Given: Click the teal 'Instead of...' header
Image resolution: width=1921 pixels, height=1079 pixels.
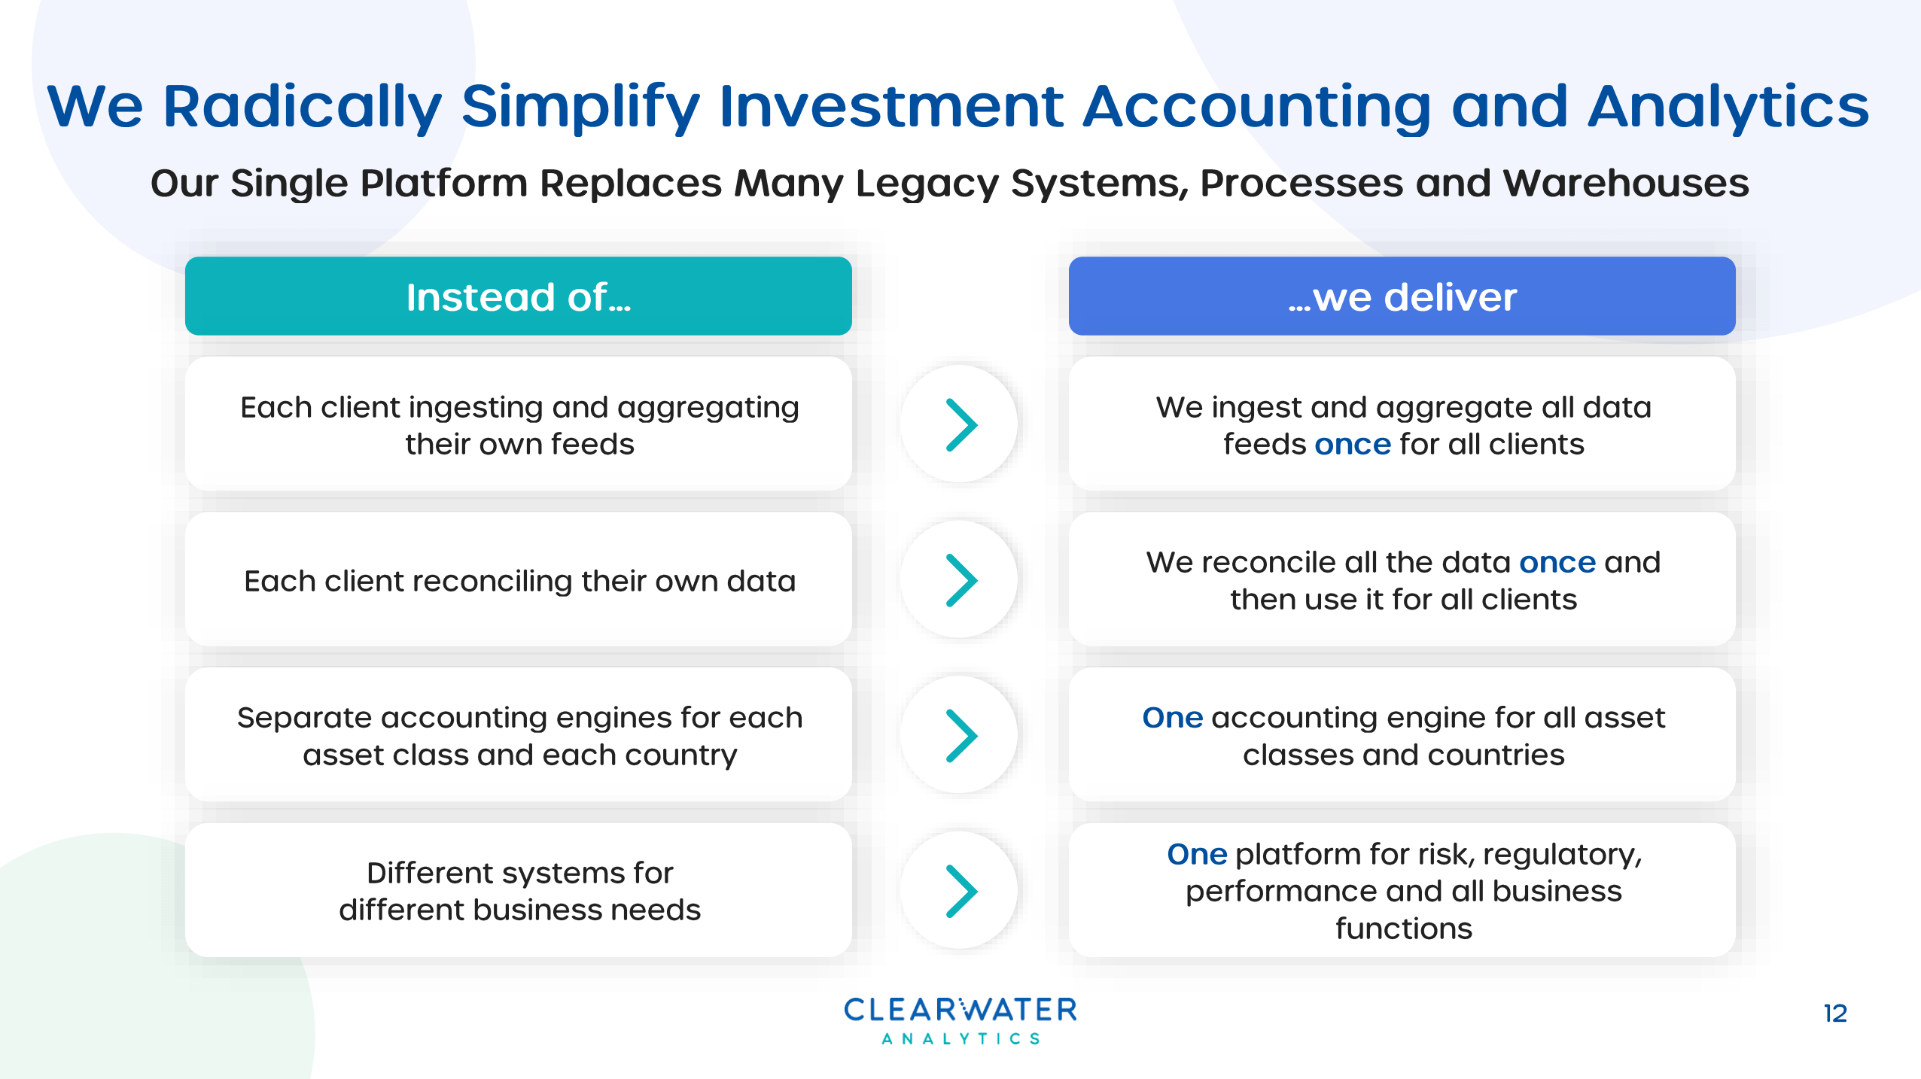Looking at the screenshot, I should tap(518, 296).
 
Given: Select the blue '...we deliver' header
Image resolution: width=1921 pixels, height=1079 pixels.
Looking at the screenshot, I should tap(1402, 296).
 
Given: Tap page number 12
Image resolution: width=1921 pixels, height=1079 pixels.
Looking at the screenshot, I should tap(1834, 1014).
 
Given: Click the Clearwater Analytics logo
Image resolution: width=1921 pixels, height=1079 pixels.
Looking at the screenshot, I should tap(960, 1020).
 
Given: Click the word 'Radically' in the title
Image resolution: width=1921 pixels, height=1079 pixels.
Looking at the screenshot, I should tap(301, 107).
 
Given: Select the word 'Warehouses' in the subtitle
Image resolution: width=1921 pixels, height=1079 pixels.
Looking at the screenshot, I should tap(1626, 183).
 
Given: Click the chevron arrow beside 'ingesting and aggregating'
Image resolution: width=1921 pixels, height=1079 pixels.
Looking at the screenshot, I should tap(960, 424).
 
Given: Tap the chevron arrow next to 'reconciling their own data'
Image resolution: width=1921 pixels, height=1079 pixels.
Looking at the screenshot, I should tap(960, 580).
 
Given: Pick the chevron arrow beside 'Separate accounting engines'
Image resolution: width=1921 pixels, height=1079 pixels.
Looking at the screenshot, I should tap(960, 735).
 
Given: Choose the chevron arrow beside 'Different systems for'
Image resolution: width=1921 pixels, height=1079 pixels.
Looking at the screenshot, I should tap(960, 891).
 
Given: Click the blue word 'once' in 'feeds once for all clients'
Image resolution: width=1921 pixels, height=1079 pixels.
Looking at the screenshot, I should tap(1352, 445).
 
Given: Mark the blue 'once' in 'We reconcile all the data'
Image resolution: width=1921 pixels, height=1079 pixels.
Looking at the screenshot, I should tap(1557, 563).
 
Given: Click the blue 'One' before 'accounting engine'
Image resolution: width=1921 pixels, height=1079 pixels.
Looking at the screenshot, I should tap(1172, 718).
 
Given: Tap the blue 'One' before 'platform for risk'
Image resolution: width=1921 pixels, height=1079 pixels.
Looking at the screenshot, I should tap(1197, 855).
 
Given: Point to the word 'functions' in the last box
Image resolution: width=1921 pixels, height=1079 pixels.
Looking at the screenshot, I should tap(1403, 929).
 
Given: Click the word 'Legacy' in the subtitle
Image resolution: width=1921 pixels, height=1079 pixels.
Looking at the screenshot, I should tap(926, 183).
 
